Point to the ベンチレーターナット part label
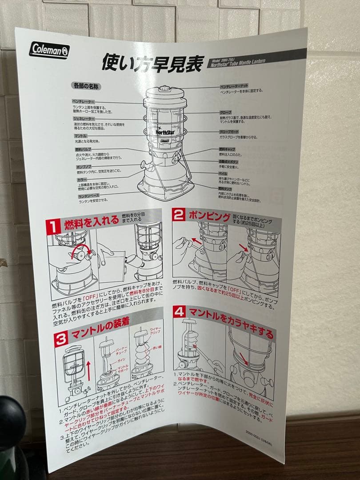(234, 85)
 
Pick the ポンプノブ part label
(84, 166)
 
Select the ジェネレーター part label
(84, 119)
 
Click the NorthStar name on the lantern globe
(164, 131)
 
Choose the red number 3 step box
(61, 338)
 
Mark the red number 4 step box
(180, 311)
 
